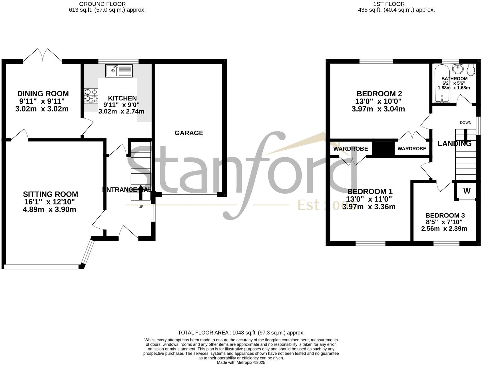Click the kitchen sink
(x=119, y=71)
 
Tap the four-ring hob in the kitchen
(x=91, y=96)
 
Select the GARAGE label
(x=189, y=133)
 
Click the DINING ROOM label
(x=43, y=94)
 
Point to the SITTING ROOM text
(x=51, y=194)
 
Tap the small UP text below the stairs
(x=141, y=207)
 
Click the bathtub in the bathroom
(x=441, y=83)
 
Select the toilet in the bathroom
(x=471, y=69)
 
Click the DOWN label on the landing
(x=465, y=123)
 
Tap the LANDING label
(x=454, y=143)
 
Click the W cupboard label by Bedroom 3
(x=467, y=191)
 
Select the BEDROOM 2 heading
(x=379, y=94)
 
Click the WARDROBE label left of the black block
(x=350, y=149)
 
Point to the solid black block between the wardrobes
(x=383, y=149)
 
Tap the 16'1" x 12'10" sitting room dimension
(x=50, y=202)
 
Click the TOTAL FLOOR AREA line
(x=241, y=333)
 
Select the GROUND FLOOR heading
(x=102, y=4)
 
